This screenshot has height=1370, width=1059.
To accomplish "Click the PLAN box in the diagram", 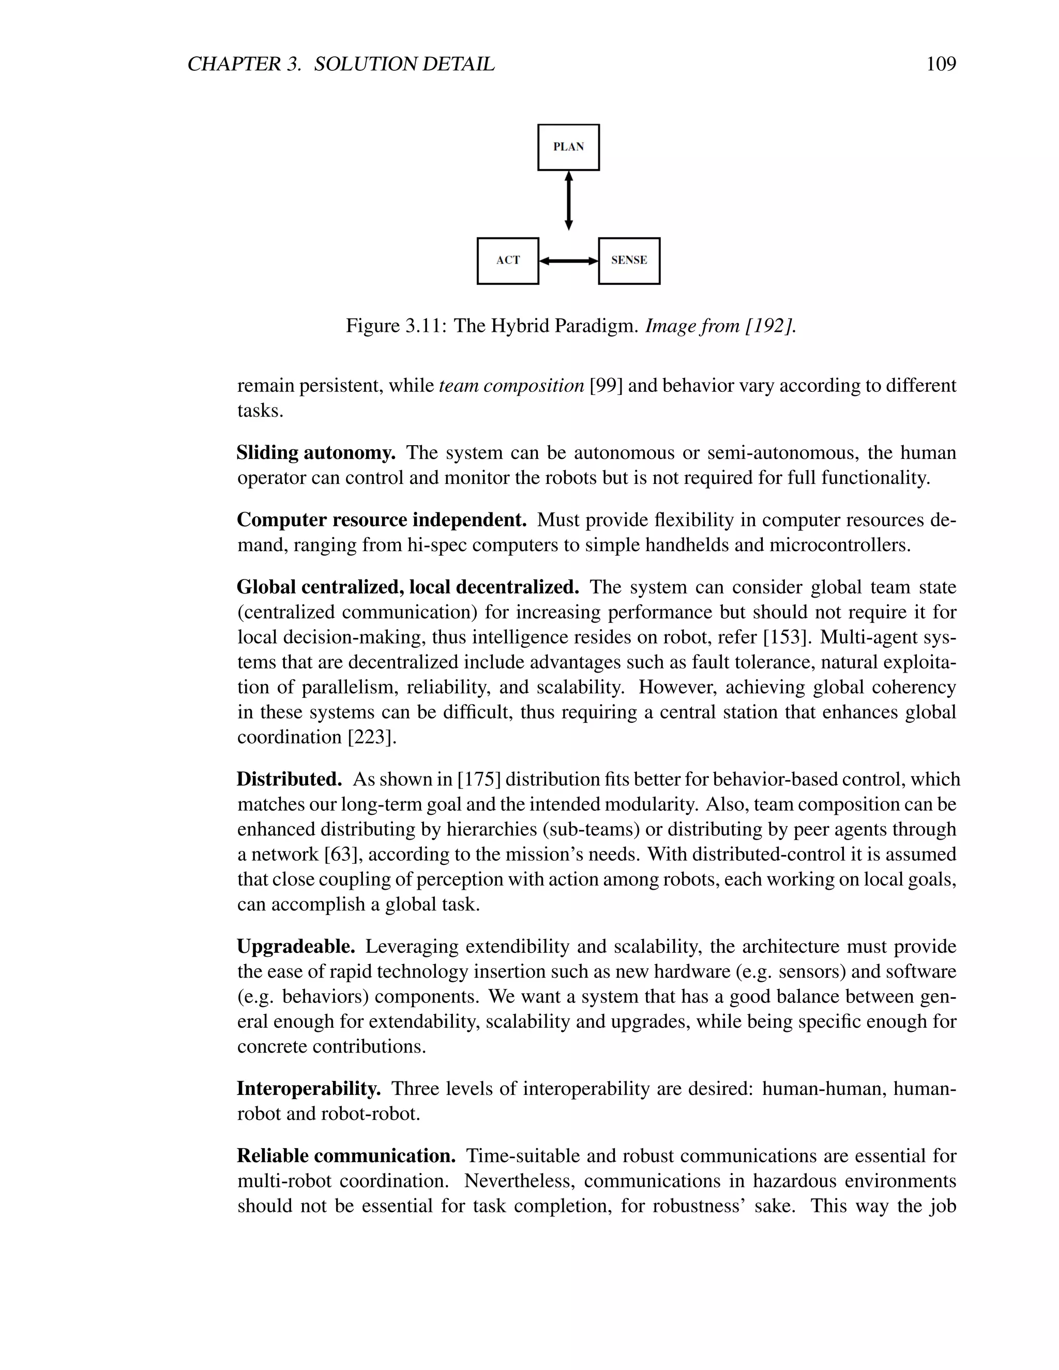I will (568, 147).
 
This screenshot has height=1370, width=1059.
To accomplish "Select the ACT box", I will (508, 261).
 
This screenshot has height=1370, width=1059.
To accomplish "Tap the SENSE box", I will (629, 261).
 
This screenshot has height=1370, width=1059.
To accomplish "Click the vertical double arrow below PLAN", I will (568, 201).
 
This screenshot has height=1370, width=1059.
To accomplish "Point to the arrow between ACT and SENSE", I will (568, 261).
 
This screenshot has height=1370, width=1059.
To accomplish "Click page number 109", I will (941, 64).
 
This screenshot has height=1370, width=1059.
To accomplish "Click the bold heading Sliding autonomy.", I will (315, 452).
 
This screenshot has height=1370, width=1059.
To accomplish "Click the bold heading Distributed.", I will (289, 779).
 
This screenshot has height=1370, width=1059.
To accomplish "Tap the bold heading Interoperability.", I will (309, 1088).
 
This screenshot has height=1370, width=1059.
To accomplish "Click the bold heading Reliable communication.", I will (346, 1155).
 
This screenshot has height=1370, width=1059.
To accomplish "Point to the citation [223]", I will (372, 737).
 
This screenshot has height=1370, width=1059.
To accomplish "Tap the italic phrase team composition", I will (511, 385).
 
